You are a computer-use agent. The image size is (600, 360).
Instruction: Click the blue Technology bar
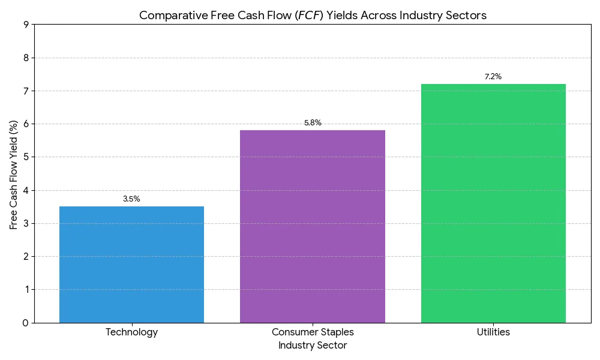131,264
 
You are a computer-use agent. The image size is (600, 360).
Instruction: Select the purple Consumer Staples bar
313,226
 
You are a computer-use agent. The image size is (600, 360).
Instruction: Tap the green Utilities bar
493,203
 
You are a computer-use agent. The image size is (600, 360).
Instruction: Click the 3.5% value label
131,199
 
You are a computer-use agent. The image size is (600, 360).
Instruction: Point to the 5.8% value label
313,123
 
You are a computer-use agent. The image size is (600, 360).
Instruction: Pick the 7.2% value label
493,77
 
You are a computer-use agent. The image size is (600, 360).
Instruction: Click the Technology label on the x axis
131,332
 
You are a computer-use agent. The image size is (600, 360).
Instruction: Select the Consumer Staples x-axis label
313,332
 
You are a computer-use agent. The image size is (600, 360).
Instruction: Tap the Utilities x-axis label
493,332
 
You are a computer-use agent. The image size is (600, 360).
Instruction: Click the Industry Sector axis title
313,346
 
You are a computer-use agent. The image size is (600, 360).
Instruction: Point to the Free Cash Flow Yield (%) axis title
14,174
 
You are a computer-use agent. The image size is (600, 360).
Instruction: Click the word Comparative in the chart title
167,16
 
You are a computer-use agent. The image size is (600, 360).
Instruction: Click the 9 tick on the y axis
26,25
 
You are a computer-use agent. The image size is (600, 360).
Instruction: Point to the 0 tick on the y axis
26,323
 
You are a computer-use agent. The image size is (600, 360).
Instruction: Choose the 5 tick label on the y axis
26,157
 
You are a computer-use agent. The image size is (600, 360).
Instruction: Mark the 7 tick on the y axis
26,91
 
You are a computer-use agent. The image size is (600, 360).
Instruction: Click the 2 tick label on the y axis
26,257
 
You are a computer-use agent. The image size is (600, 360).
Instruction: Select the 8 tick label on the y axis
26,58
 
